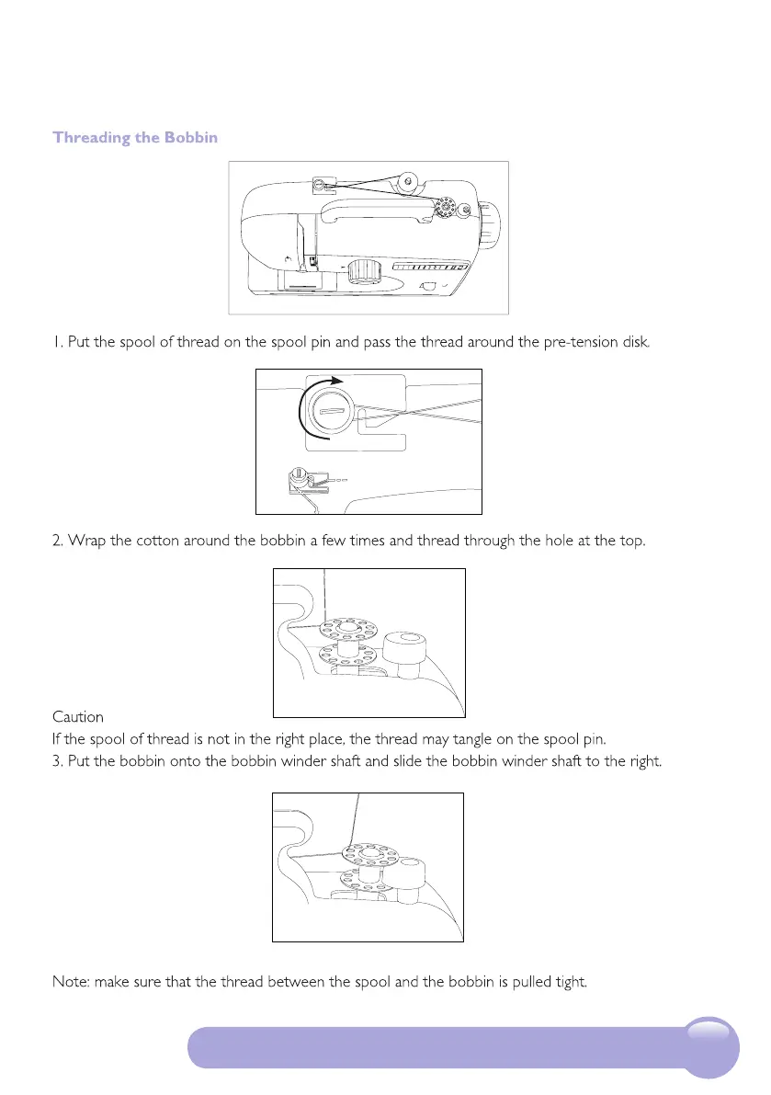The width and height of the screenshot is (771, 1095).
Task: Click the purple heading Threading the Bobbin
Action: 135,138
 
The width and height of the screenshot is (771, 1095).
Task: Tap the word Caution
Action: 78,716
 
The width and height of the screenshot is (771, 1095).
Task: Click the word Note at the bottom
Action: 72,982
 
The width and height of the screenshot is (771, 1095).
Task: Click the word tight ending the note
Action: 570,982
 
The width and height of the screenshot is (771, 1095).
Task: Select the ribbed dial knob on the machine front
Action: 365,271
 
